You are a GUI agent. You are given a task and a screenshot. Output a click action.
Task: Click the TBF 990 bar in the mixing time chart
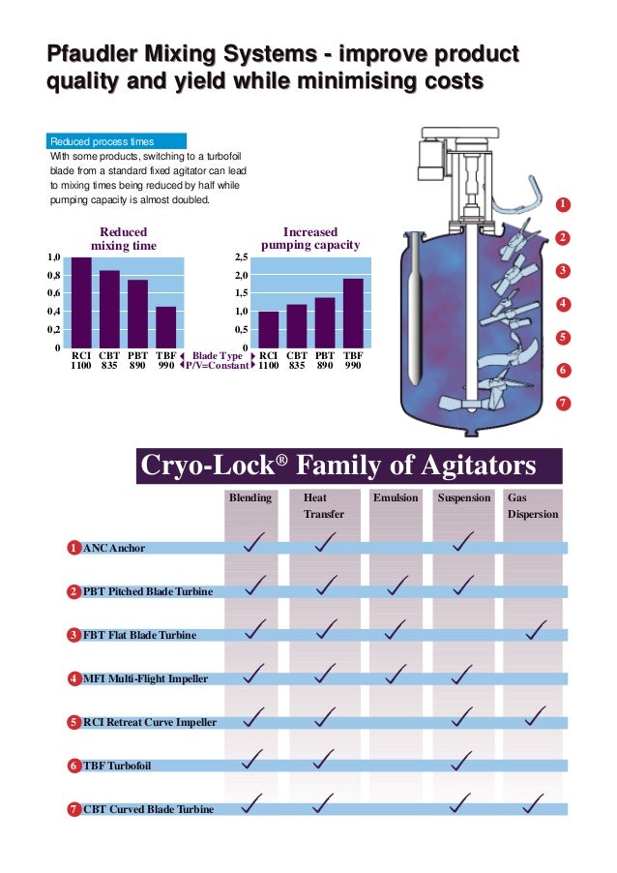tap(166, 327)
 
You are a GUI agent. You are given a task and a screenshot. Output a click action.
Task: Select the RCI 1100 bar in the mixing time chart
tap(82, 302)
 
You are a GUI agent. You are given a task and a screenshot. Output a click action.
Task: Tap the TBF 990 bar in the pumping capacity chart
tap(353, 314)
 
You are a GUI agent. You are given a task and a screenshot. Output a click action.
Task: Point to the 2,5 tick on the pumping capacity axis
tap(241, 258)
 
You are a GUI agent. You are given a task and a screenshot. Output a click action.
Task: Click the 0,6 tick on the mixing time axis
tap(54, 293)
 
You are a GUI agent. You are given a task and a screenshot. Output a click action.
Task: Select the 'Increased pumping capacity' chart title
tap(310, 239)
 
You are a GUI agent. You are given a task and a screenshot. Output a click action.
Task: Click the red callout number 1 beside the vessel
tap(563, 204)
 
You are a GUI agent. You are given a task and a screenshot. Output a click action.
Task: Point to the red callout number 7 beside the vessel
tap(563, 403)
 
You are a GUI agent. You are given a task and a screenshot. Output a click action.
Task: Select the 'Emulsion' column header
tap(396, 497)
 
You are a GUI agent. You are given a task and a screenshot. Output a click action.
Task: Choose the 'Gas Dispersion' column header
tap(532, 506)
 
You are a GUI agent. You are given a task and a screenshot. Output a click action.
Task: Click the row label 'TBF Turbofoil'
tap(117, 766)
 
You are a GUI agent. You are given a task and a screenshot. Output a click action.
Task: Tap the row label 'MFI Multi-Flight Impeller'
tap(145, 678)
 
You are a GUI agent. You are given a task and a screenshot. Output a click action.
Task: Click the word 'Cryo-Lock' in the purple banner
tap(209, 467)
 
